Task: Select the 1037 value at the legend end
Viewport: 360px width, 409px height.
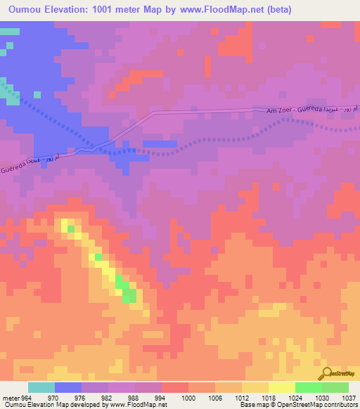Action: click(x=349, y=398)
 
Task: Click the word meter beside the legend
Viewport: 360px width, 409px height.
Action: click(x=11, y=398)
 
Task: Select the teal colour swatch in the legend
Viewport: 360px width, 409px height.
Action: click(x=41, y=387)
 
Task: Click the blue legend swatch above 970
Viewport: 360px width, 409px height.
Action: click(x=68, y=387)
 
